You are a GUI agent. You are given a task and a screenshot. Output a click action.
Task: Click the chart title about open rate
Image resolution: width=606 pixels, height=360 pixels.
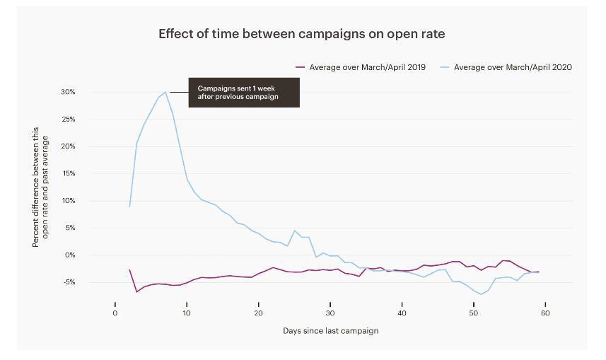pos(301,34)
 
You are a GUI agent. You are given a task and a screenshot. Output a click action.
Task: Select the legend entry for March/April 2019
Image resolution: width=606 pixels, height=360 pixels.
pos(367,67)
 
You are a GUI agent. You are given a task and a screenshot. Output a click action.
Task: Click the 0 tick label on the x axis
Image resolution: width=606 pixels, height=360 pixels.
pos(115,313)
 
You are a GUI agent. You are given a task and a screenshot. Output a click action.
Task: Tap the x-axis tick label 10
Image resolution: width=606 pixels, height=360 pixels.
pos(187,313)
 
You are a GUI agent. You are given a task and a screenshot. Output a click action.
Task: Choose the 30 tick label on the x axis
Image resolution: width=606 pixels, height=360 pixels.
pos(330,313)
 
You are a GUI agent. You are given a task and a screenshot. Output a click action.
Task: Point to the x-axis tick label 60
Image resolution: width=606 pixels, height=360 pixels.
pos(545,313)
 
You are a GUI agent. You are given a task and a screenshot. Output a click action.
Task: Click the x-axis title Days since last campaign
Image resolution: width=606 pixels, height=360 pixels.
pos(330,330)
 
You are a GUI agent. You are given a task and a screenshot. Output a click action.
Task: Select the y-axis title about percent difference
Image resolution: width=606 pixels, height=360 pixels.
pos(40,187)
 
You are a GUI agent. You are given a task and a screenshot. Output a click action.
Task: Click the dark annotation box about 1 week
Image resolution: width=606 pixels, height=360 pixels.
pos(244,93)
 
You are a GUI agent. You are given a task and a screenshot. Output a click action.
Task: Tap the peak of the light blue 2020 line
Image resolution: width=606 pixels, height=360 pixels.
pos(165,92)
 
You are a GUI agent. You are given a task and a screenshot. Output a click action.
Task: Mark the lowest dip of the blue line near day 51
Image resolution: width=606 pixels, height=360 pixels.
pos(481,294)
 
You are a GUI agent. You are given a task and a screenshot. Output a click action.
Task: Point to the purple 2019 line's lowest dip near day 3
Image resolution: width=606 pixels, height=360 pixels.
pos(136,291)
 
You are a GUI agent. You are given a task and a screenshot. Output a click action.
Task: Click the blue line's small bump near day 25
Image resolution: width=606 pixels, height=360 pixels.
pos(295,231)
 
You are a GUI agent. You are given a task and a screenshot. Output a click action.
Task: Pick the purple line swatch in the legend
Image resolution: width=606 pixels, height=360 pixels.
pos(301,67)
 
